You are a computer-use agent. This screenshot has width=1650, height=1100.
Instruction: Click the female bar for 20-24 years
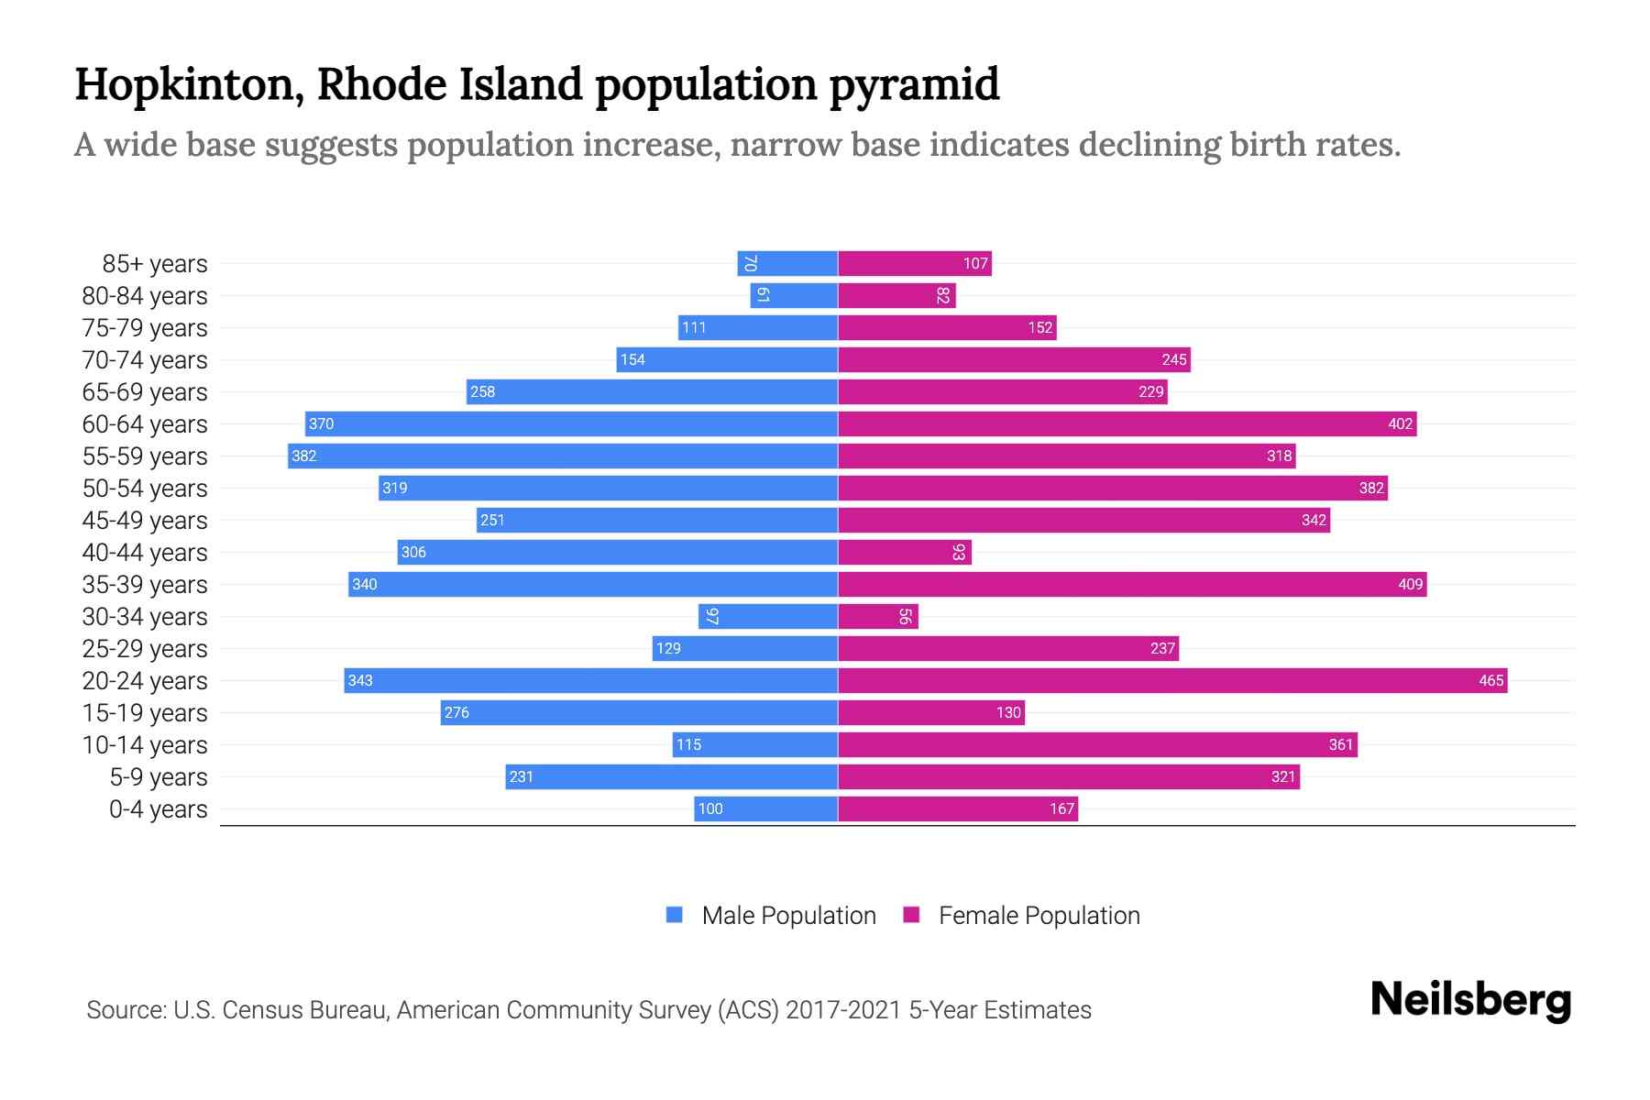[x=1171, y=680]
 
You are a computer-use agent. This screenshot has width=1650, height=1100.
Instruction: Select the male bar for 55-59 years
[x=562, y=456]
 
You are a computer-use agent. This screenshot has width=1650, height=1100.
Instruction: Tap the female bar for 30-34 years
[x=877, y=616]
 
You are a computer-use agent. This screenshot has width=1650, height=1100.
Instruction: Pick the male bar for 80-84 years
[x=794, y=295]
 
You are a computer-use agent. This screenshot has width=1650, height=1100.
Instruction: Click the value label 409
[x=1410, y=584]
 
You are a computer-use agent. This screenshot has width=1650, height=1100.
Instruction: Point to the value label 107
[x=974, y=263]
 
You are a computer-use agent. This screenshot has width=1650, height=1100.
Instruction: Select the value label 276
[x=456, y=712]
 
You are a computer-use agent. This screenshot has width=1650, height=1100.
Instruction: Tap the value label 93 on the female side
[x=959, y=552]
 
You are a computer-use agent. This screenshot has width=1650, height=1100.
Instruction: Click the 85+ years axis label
[x=155, y=264]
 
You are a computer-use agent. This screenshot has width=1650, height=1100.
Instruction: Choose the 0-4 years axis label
[x=158, y=809]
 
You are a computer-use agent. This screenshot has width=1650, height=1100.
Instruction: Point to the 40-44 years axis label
[x=145, y=553]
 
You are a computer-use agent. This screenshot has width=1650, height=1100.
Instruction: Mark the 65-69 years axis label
[x=145, y=392]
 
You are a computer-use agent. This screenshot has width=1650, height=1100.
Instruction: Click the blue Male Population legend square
[x=675, y=915]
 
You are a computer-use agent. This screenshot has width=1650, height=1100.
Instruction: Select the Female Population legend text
[x=1039, y=915]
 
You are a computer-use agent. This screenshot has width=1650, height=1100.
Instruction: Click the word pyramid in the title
[x=914, y=85]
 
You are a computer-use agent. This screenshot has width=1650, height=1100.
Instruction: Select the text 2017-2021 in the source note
[x=842, y=1010]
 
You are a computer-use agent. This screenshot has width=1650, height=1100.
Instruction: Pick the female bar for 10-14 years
[x=1096, y=744]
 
